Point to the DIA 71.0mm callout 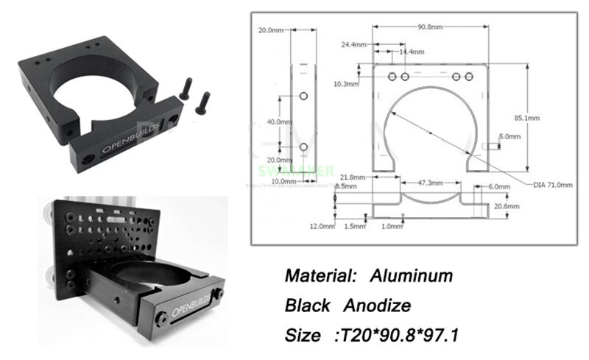click(x=552, y=186)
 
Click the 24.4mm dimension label click(x=353, y=44)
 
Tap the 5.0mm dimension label click(x=510, y=137)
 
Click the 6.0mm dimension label click(x=500, y=187)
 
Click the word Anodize click(x=384, y=306)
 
